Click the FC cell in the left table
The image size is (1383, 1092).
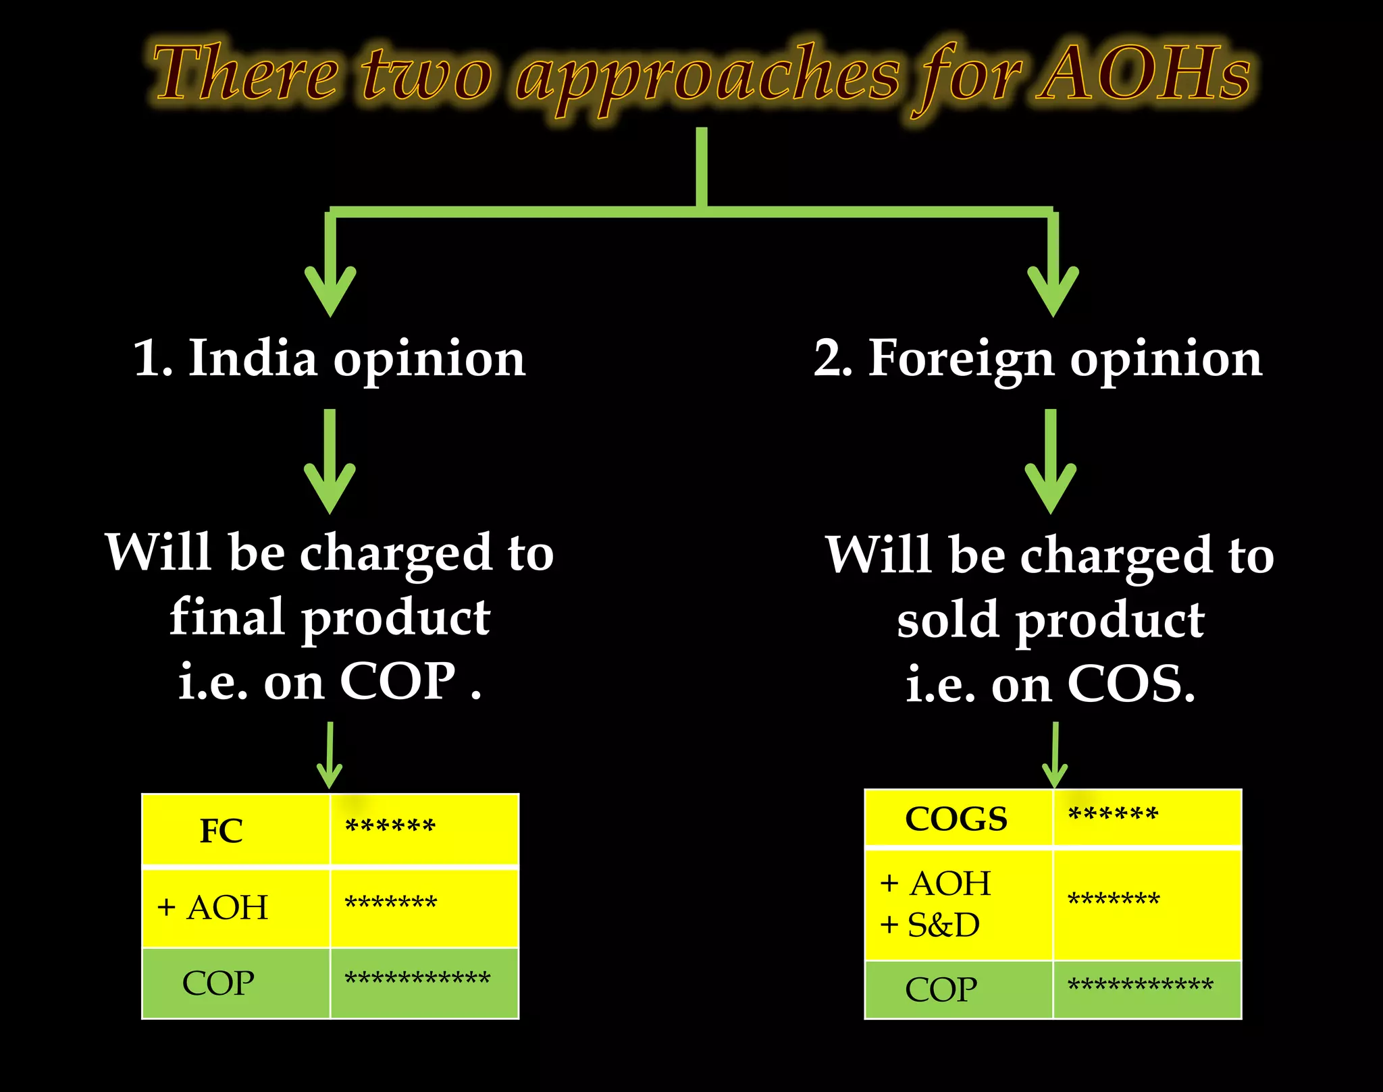click(221, 830)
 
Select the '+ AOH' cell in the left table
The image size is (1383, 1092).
click(213, 907)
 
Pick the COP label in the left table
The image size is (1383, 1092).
click(218, 983)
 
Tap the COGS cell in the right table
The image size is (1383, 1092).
click(956, 819)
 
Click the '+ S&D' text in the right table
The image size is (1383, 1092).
click(930, 925)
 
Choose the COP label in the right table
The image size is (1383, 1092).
click(941, 990)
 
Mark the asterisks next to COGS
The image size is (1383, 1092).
click(1113, 814)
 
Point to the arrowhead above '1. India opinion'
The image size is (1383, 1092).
click(330, 290)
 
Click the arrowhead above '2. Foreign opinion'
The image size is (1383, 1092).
click(1053, 290)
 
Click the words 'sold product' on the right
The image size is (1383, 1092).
click(1051, 620)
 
